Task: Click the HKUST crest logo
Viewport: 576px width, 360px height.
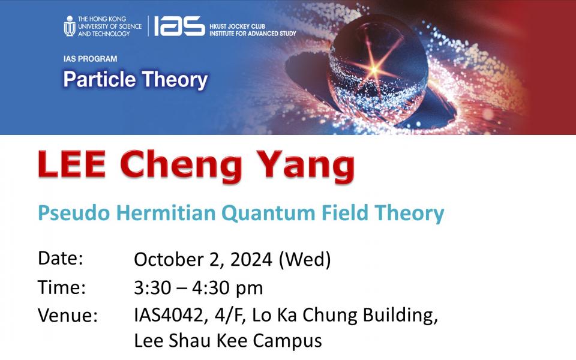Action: pos(70,26)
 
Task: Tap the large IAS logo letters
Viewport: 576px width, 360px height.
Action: pos(179,26)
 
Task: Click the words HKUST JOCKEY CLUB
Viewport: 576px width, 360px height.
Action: pos(238,26)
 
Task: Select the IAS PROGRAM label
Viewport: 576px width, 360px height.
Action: pos(90,59)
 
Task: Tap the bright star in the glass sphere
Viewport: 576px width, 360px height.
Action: pos(374,68)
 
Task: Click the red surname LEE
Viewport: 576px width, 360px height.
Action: pos(72,164)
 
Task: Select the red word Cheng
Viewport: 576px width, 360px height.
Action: pos(181,166)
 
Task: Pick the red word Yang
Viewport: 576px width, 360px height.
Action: pos(305,166)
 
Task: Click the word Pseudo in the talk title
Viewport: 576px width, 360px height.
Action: pos(74,212)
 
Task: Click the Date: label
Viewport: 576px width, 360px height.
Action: pos(61,258)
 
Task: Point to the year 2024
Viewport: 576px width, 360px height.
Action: pos(251,259)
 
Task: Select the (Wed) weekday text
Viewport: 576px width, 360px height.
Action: pos(305,259)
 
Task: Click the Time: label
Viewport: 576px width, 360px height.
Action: pos(62,287)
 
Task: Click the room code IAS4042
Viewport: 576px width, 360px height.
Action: pos(168,316)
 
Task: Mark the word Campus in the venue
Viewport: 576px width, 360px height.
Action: pos(287,341)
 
